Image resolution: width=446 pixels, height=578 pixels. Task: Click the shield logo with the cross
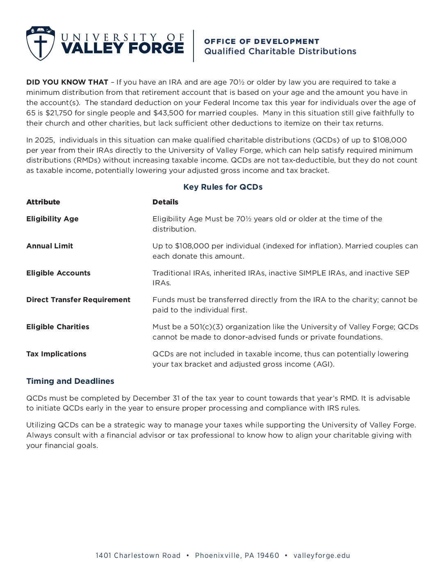tap(40, 44)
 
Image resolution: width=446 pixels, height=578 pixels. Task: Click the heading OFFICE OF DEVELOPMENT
tap(262, 41)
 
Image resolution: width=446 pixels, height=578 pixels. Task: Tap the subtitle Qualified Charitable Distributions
tap(280, 51)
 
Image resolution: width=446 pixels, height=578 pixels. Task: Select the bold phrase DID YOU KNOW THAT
tap(67, 82)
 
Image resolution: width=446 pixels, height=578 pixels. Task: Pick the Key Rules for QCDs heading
tap(223, 187)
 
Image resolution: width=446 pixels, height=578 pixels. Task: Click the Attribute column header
tap(43, 202)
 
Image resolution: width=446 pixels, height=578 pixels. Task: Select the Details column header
tap(165, 202)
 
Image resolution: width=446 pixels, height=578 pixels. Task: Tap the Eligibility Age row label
tap(52, 219)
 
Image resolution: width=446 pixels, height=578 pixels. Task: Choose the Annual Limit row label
tap(50, 246)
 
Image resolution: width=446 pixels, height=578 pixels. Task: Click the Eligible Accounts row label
tap(58, 273)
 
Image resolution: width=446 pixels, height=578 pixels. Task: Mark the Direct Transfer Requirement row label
tap(78, 300)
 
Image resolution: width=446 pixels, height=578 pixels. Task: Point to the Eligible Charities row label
tap(58, 327)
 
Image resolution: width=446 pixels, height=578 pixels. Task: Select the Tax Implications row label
tap(56, 354)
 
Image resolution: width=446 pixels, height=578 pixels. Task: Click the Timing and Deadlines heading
tap(70, 381)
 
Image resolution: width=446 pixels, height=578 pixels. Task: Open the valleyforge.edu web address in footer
tap(322, 555)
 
